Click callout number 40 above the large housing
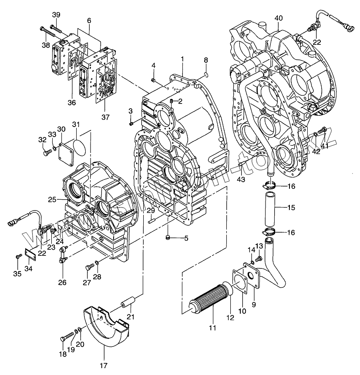pos(279,18)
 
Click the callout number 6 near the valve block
pos(89,20)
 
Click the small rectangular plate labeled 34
pos(30,254)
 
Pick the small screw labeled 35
pos(17,256)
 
